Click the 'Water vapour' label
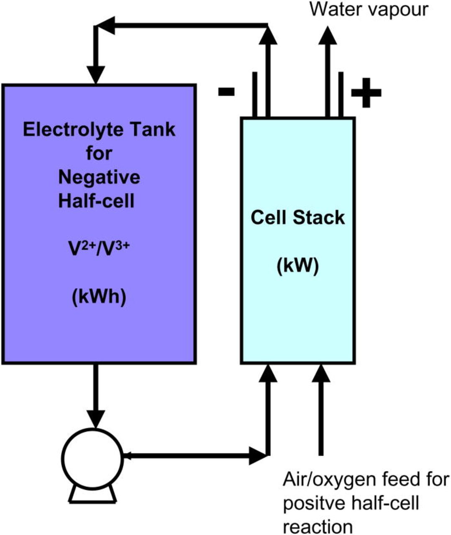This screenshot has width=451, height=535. pos(369,9)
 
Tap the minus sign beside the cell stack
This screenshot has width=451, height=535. pos(226,92)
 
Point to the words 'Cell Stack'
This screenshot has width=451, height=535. pos(297,218)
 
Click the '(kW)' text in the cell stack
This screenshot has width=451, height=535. pos(297,265)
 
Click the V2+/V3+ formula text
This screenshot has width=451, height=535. pos(99,250)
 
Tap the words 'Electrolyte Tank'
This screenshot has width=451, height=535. pos(99,130)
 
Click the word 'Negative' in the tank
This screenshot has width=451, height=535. pos(99,178)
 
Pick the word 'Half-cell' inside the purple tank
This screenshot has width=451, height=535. pos(96,201)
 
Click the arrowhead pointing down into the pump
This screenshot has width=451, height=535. pos(96,418)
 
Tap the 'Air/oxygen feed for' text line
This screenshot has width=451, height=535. pos(366,480)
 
